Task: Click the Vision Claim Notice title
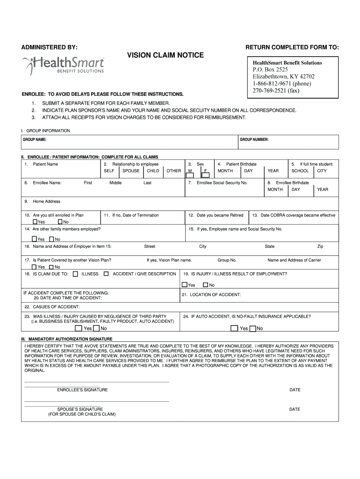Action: click(166, 55)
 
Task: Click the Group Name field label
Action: click(35, 139)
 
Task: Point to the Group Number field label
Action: click(254, 139)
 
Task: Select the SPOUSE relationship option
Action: click(131, 171)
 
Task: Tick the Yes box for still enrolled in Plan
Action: click(35, 222)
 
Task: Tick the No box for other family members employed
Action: click(51, 239)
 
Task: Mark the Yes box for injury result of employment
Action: click(185, 285)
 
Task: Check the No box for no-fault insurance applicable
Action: click(252, 328)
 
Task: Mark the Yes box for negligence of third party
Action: click(78, 328)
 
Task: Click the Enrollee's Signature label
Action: click(82, 390)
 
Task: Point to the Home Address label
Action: click(46, 201)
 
